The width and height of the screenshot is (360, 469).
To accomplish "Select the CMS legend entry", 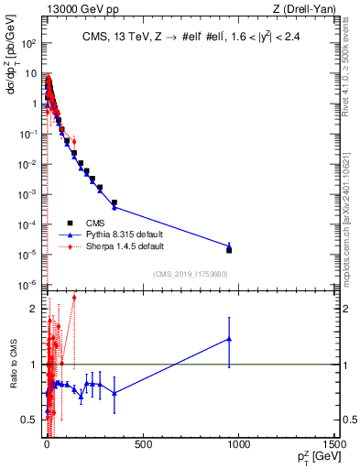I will (94, 222).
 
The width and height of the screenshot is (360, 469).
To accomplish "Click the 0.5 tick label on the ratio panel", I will (29, 420).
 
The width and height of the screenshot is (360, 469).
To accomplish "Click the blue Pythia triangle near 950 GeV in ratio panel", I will (229, 339).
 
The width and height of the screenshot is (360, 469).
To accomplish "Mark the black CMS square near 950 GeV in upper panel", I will (229, 249).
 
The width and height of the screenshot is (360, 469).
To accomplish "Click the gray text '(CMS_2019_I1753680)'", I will (190, 273).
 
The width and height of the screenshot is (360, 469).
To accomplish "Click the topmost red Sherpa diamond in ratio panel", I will (74, 298).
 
